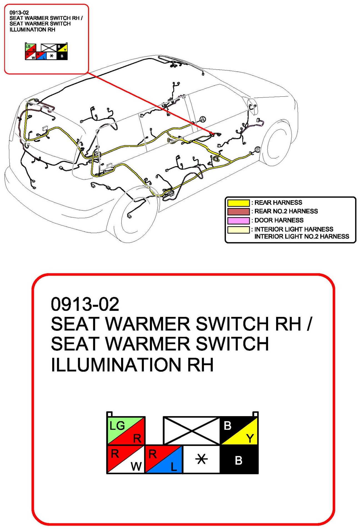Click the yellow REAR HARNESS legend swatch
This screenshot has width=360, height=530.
pyautogui.click(x=238, y=203)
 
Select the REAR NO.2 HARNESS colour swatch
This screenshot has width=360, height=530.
pyautogui.click(x=238, y=212)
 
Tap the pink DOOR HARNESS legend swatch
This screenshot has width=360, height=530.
pyautogui.click(x=238, y=221)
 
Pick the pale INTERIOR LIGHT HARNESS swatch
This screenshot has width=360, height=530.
pyautogui.click(x=238, y=230)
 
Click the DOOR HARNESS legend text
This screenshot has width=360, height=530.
pyautogui.click(x=279, y=220)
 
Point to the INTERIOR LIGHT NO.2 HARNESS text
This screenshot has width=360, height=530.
pyautogui.click(x=302, y=236)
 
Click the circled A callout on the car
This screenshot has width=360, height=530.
pyautogui.click(x=203, y=119)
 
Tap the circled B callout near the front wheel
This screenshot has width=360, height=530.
pyautogui.click(x=257, y=150)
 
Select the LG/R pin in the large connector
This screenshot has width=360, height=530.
pyautogui.click(x=126, y=430)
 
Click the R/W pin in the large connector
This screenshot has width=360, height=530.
pyautogui.click(x=126, y=459)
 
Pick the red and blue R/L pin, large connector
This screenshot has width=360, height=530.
pyautogui.click(x=164, y=459)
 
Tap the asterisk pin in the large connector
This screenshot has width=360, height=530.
pyautogui.click(x=201, y=459)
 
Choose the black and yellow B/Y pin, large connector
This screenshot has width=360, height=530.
pyautogui.click(x=239, y=430)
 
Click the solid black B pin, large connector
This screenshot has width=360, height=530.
pyautogui.click(x=239, y=460)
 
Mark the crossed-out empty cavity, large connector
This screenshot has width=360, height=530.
pyautogui.click(x=192, y=430)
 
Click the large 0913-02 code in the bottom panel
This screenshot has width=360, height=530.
pyautogui.click(x=85, y=304)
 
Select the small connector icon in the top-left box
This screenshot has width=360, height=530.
pyautogui.click(x=46, y=51)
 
